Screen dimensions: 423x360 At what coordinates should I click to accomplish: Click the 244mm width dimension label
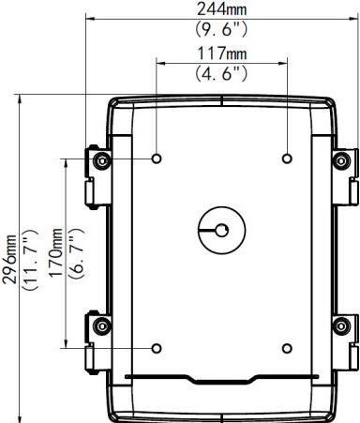pyautogui.click(x=221, y=8)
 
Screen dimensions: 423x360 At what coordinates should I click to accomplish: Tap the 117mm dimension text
pyautogui.click(x=221, y=53)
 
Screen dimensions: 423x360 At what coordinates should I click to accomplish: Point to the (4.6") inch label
pyautogui.click(x=221, y=71)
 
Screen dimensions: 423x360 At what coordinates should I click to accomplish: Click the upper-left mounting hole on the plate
pyautogui.click(x=156, y=158)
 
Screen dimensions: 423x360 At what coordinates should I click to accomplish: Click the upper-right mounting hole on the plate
pyautogui.click(x=287, y=158)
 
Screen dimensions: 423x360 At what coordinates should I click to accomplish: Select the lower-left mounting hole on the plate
pyautogui.click(x=156, y=348)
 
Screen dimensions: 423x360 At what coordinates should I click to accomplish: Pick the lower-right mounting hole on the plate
pyautogui.click(x=287, y=348)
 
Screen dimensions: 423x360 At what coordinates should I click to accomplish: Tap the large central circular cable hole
pyautogui.click(x=221, y=230)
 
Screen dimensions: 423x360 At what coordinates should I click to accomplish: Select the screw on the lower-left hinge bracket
pyautogui.click(x=102, y=327)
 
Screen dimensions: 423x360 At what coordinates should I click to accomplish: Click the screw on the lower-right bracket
pyautogui.click(x=340, y=327)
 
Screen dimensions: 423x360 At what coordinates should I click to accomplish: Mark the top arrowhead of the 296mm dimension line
pyautogui.click(x=21, y=96)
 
